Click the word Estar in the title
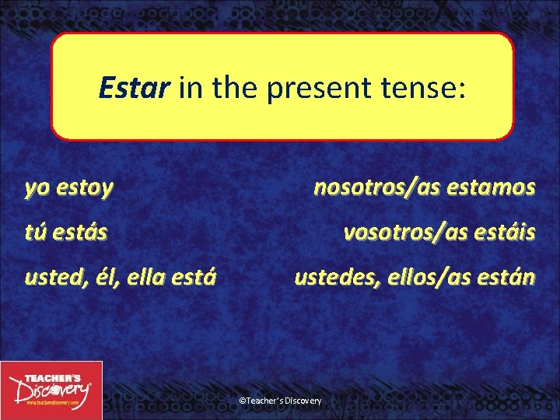133,89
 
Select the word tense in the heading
422,89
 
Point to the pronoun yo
36,187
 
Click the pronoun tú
37,232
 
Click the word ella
143,277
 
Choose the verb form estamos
491,187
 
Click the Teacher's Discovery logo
51,390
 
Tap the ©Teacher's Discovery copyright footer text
280,400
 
